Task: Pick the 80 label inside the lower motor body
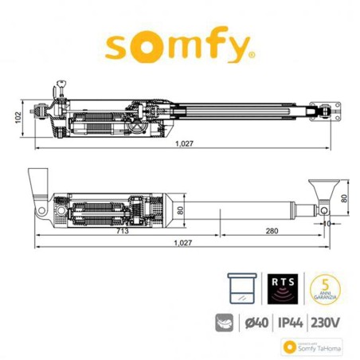[x=179, y=211]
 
